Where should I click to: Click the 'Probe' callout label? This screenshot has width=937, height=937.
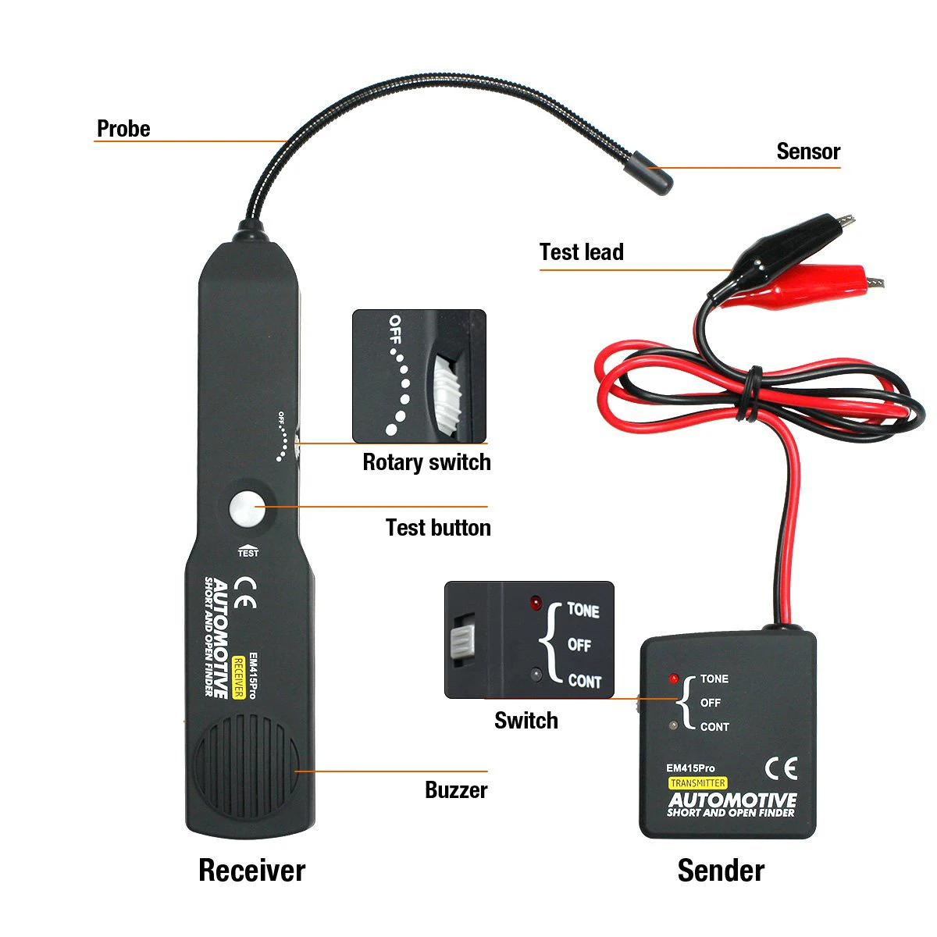[123, 128]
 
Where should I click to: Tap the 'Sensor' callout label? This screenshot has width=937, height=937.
[807, 151]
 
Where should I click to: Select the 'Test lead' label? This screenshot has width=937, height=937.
[581, 252]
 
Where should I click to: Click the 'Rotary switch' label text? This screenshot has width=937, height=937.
[426, 462]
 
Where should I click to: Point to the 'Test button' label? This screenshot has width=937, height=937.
[437, 528]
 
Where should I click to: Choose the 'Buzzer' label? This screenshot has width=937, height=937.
[455, 790]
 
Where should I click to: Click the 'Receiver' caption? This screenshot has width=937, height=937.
[251, 870]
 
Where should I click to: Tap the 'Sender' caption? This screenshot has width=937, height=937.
[720, 870]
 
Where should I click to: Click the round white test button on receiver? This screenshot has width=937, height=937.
[247, 508]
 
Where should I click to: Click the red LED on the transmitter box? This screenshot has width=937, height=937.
[674, 679]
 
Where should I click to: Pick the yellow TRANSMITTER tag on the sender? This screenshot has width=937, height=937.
[697, 783]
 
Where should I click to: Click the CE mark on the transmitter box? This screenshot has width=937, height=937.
[780, 768]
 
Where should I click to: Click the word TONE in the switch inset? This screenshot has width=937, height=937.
[583, 610]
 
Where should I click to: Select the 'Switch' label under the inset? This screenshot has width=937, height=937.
[526, 720]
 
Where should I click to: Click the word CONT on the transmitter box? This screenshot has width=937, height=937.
[714, 727]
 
